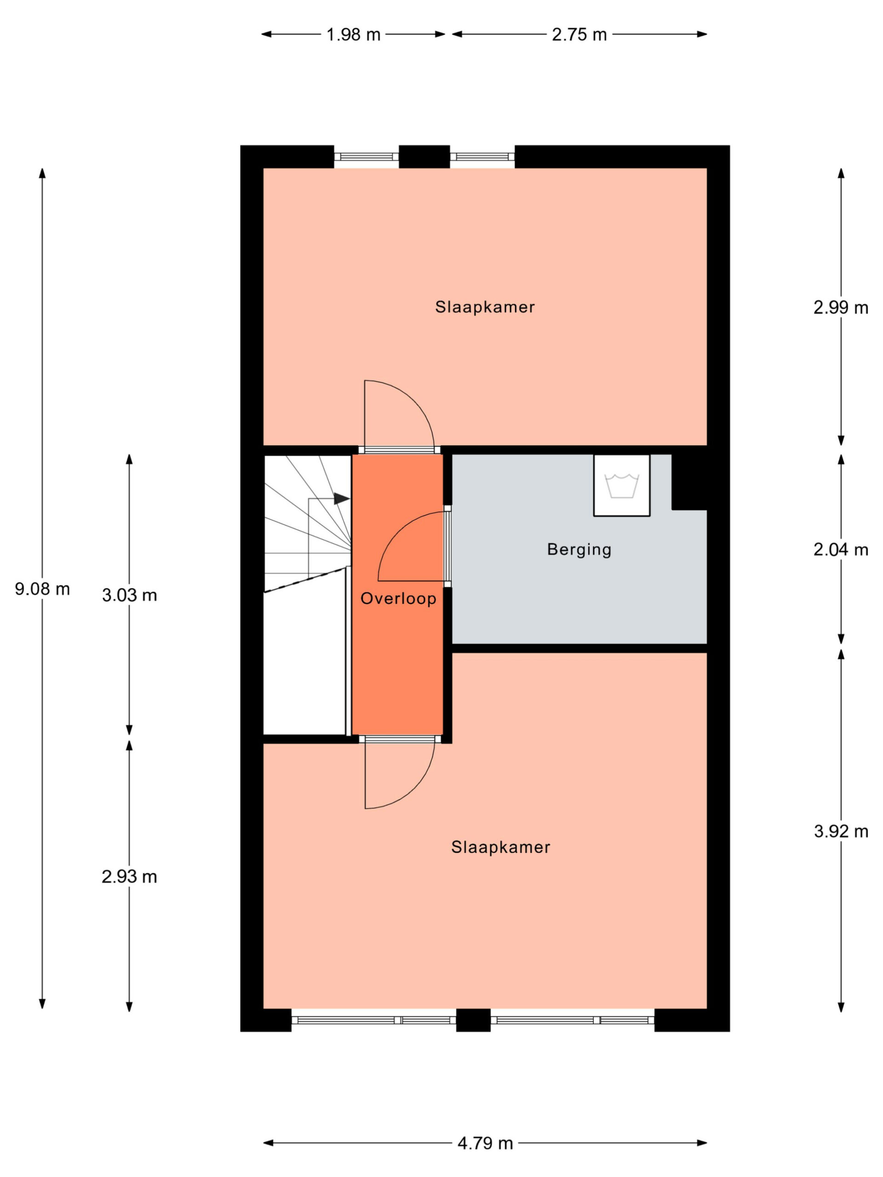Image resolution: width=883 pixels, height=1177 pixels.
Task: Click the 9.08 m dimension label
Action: pos(42,589)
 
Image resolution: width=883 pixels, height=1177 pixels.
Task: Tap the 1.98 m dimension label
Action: pos(353,34)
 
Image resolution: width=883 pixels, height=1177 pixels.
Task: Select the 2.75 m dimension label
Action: pos(579,34)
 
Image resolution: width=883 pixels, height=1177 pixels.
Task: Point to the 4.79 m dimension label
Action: pos(485,1143)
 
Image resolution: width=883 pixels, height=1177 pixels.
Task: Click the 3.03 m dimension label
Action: pos(129,595)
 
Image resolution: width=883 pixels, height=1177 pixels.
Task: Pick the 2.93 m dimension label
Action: pos(129,876)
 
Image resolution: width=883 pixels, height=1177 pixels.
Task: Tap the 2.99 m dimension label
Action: pos(841,308)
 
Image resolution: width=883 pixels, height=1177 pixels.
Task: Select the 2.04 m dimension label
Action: pos(841,550)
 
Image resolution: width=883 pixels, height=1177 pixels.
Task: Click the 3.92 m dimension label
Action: pos(841,831)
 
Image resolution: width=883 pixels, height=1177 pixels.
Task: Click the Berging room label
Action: pos(579,550)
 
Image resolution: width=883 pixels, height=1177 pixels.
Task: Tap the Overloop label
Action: pos(398,599)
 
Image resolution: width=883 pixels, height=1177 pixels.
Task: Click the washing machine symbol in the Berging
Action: pos(622,485)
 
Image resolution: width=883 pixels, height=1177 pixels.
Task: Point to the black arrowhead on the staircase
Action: pos(341,498)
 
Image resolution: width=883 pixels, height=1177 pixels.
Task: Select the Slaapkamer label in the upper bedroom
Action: pos(485,307)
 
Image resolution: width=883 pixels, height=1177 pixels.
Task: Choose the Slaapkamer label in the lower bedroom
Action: pos(500,847)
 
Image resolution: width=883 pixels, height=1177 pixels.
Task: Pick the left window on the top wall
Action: pos(366,156)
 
